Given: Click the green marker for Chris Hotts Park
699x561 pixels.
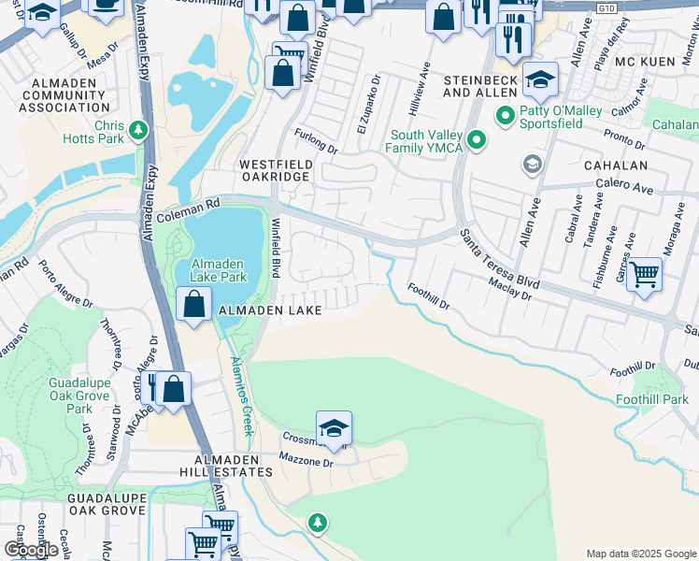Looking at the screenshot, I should pyautogui.click(x=139, y=130).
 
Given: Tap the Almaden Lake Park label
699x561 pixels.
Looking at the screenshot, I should pyautogui.click(x=218, y=270).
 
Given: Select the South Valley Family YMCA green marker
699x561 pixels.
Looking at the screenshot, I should pyautogui.click(x=477, y=140).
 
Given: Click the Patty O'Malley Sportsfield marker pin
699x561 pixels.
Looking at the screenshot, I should pyautogui.click(x=505, y=116).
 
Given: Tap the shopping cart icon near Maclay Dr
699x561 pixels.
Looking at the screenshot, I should pyautogui.click(x=645, y=276).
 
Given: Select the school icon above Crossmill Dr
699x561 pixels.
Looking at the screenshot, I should pyautogui.click(x=334, y=429).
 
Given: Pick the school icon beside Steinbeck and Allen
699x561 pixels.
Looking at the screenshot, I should pyautogui.click(x=539, y=81).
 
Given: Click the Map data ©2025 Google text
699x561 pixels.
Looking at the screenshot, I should pyautogui.click(x=641, y=553).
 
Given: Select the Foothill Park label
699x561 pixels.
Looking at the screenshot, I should pyautogui.click(x=652, y=400).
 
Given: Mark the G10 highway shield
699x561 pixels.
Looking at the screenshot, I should pyautogui.click(x=608, y=7).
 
